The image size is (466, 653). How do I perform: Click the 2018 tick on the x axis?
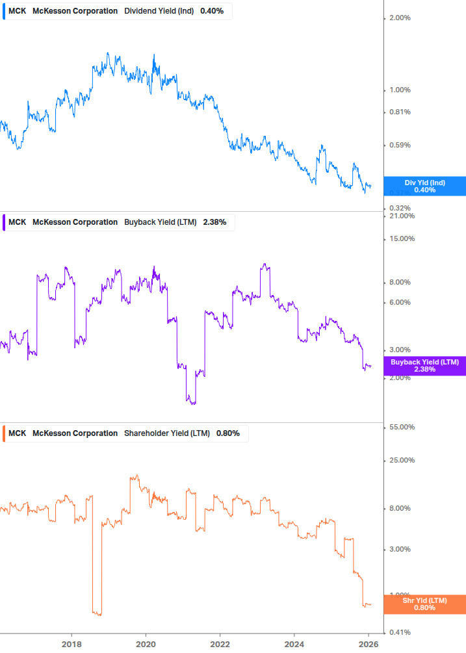[x=71, y=643]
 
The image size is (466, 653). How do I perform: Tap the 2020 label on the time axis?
[x=146, y=643]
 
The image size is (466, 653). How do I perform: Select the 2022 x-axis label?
[x=220, y=643]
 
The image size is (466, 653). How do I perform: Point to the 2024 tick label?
[x=294, y=643]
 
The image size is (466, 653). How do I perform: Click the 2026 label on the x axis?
[x=369, y=643]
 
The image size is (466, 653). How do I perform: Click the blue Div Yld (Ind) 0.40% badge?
[x=424, y=186]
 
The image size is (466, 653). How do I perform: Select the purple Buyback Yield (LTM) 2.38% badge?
[x=424, y=366]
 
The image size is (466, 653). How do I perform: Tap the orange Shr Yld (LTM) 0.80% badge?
[x=424, y=604]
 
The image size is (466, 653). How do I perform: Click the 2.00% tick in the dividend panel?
[x=399, y=18]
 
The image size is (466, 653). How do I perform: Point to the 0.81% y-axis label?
[x=399, y=112]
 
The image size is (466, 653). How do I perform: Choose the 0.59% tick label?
[x=399, y=145]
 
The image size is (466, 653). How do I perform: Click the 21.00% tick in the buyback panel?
[x=401, y=216]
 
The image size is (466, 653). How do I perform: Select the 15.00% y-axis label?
[x=401, y=238]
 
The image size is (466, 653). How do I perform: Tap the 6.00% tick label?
[x=399, y=302]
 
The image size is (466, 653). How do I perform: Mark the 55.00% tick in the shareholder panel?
[x=401, y=427]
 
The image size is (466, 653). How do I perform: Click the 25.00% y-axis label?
[x=401, y=460]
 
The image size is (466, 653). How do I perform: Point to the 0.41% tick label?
[x=399, y=632]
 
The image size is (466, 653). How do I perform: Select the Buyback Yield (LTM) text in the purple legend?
[x=160, y=222]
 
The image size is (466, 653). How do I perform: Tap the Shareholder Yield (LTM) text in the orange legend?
[x=167, y=433]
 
